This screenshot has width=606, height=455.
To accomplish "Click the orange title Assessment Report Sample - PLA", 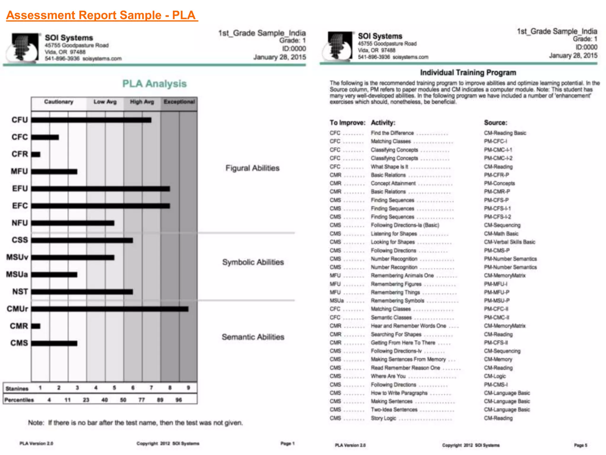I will pos(101,15).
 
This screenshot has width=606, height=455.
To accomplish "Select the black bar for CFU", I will pos(91,120).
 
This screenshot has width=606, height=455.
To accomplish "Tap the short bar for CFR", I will pos(36,154).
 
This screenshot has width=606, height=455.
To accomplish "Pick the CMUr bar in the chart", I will pos(109,309).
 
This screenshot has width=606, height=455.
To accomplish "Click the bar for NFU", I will pos(72,223).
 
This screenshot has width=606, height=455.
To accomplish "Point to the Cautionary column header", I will pos(59,102).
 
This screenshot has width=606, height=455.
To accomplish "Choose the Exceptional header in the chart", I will pos(179,102).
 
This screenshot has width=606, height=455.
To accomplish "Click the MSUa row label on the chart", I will pos(17,275).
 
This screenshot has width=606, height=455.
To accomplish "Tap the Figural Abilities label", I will pos(252,168).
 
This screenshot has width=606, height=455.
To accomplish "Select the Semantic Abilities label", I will pos(253,337).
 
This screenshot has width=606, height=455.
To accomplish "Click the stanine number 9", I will pos(188,387).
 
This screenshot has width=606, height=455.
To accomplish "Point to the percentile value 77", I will pos(142,400).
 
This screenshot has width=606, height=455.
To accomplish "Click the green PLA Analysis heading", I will pos(154,84).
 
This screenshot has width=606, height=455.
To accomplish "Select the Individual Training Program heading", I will pos(468,73).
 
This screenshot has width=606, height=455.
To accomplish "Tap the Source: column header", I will pos(495,123).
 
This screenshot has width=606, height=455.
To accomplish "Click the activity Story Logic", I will pos(383,418).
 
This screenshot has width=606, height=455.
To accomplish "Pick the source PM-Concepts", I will pos(499,183).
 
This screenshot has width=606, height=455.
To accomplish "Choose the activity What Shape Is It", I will pos(389,167).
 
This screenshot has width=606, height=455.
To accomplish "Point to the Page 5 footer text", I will pos(581,445).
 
